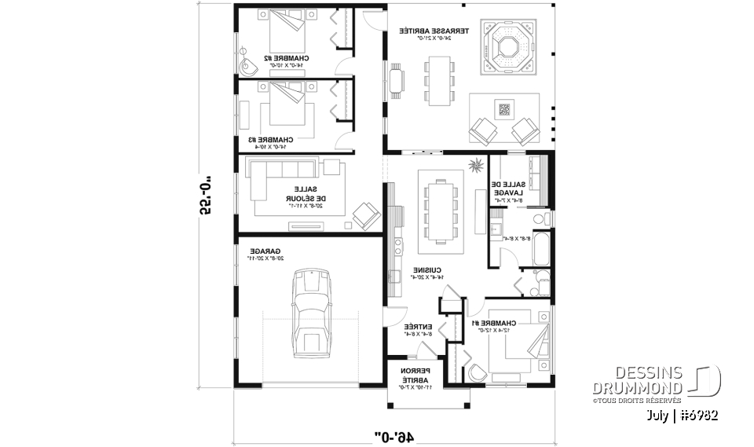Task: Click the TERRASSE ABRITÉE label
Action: coord(434,31)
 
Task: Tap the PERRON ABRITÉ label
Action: coord(414,373)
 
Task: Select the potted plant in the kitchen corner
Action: coord(474,165)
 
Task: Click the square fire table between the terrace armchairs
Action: coord(503,109)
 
